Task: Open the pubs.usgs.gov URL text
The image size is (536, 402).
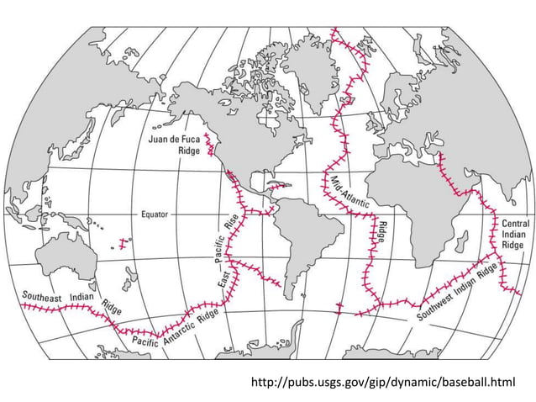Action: (x=382, y=383)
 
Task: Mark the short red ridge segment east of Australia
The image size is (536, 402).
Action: (x=124, y=244)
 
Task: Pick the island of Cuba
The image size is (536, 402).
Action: (x=276, y=183)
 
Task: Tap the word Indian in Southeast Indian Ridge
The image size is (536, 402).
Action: (x=82, y=297)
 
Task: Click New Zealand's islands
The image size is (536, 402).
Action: (x=129, y=273)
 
